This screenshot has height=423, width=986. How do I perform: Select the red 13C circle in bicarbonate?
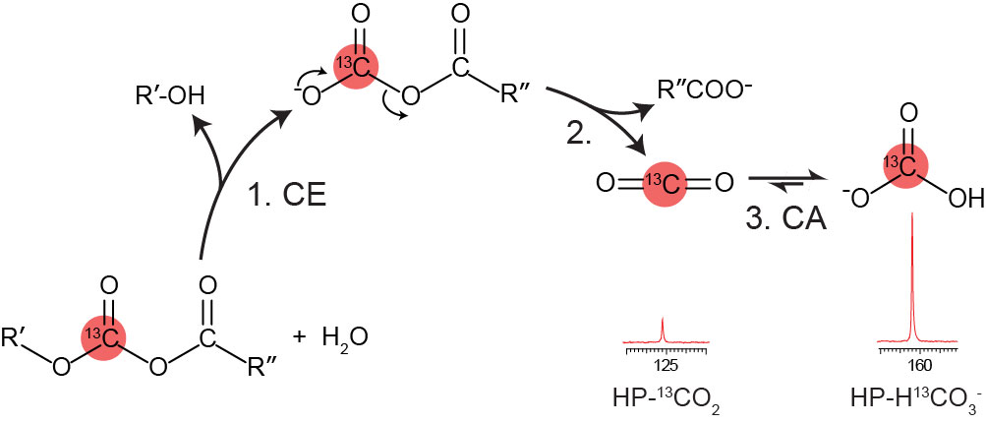pos(914,163)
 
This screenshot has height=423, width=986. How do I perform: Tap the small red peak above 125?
pos(664,329)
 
